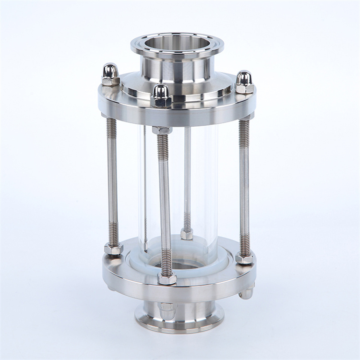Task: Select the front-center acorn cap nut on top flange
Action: [x=161, y=95]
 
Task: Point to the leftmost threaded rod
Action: [x=112, y=182]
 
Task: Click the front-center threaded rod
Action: [x=165, y=202]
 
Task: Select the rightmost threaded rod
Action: [x=244, y=187]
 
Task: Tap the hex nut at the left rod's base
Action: [x=113, y=249]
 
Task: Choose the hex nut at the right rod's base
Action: [x=244, y=259]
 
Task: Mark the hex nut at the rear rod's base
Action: [x=187, y=234]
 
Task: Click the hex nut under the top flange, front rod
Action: [x=162, y=130]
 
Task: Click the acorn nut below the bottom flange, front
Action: [x=167, y=310]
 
